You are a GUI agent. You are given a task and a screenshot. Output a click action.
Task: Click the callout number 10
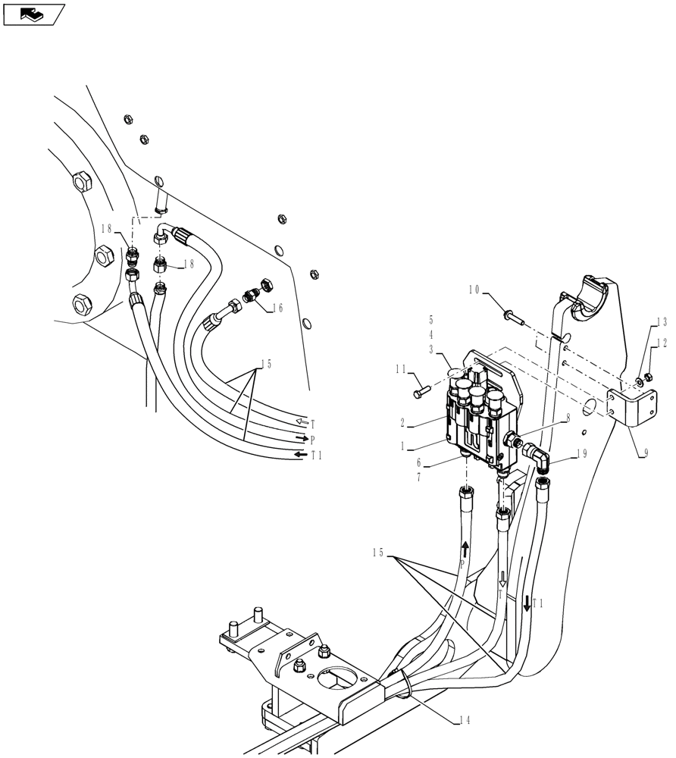pyautogui.click(x=474, y=290)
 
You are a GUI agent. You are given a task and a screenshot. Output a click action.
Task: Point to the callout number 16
pyautogui.click(x=277, y=309)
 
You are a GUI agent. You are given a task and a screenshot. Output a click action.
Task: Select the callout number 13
pyautogui.click(x=662, y=321)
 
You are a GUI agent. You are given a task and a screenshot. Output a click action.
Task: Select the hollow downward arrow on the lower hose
pyautogui.click(x=501, y=581)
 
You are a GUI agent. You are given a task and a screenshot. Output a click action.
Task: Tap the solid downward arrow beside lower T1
pyautogui.click(x=527, y=603)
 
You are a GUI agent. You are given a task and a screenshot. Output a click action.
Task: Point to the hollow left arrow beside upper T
pyautogui.click(x=301, y=421)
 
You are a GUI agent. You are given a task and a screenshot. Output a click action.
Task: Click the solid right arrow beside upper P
pyautogui.click(x=302, y=438)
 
